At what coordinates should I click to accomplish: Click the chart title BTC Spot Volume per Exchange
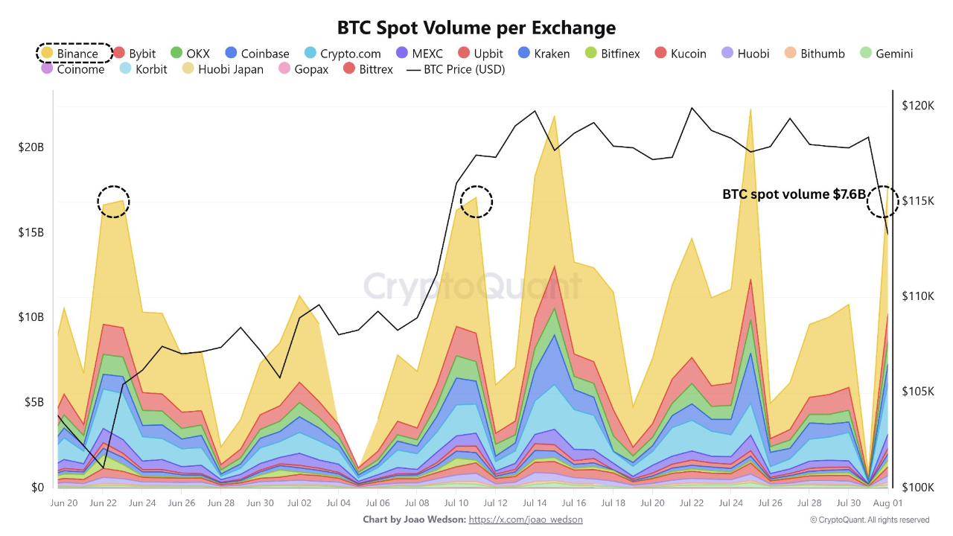pos(476,28)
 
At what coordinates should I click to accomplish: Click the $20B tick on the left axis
pos(31,147)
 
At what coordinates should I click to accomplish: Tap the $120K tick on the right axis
pos(917,106)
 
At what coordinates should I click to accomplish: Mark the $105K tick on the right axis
pos(917,392)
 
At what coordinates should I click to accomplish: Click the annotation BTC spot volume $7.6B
pos(794,194)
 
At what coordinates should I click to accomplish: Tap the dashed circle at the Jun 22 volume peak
pos(113,202)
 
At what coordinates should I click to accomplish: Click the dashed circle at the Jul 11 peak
pos(476,202)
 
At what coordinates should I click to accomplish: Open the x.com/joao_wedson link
pos(526,520)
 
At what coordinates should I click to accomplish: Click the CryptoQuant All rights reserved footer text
pos(870,520)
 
